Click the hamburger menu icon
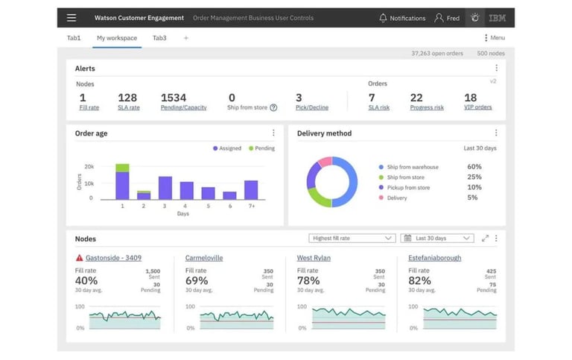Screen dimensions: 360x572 click(x=71, y=18)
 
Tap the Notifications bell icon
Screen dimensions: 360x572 click(x=384, y=18)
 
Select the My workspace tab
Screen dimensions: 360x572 click(x=117, y=38)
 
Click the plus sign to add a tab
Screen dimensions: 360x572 click(x=185, y=38)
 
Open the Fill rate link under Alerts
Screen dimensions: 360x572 click(x=89, y=108)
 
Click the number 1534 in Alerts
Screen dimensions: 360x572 click(x=174, y=98)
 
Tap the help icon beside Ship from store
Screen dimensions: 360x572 click(x=273, y=108)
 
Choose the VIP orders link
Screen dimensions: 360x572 click(x=477, y=108)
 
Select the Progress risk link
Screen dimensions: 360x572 click(x=427, y=108)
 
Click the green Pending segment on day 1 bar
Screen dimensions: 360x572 click(x=122, y=168)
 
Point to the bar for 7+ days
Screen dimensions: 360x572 click(x=251, y=189)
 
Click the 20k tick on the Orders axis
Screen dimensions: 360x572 click(x=89, y=167)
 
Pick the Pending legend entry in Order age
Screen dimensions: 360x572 click(x=261, y=148)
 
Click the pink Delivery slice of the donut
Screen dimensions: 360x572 click(x=324, y=162)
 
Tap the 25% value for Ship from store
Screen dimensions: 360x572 click(x=474, y=177)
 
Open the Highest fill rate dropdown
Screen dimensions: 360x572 click(x=352, y=239)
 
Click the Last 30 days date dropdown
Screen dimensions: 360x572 click(x=436, y=239)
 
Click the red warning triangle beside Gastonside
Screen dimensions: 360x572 click(x=80, y=258)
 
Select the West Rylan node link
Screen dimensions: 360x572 click(x=314, y=258)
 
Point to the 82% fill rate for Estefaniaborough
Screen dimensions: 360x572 click(x=419, y=281)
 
